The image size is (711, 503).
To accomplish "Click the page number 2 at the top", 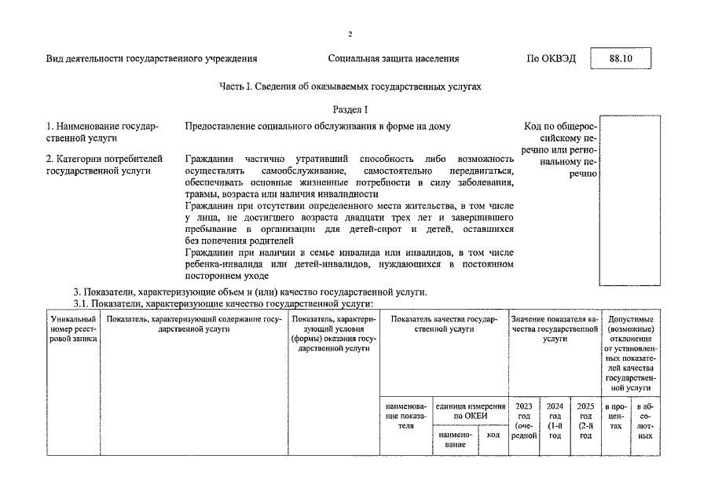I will coord(350,34).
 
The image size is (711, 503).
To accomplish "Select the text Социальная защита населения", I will coord(394,59).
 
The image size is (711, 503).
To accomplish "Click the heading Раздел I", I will coord(350,109).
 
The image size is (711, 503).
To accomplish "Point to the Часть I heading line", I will coord(350,86).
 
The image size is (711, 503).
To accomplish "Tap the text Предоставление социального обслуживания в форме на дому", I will coord(318,126).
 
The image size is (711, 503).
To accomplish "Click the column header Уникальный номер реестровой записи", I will coord(73,330).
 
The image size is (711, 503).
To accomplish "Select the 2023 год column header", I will coord(524,423).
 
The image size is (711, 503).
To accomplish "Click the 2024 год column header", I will coord(555,423).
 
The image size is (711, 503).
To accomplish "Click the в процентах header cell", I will coord(616,417).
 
